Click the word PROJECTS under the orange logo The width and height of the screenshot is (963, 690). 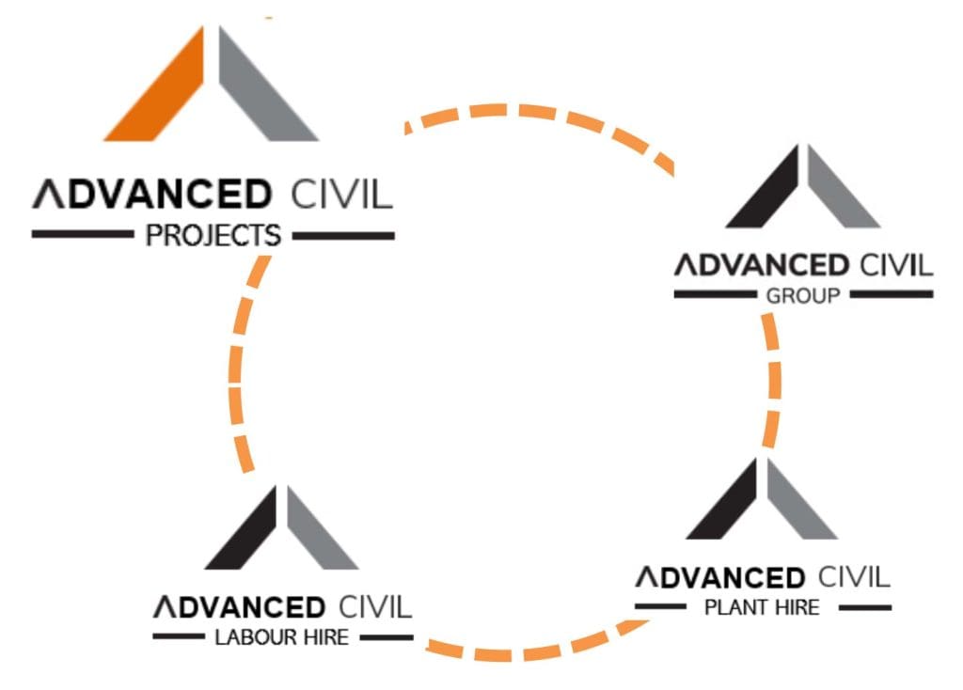(x=213, y=235)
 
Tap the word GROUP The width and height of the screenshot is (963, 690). (x=803, y=296)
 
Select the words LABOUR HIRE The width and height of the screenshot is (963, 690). (x=282, y=637)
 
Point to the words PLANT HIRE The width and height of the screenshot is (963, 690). (x=762, y=607)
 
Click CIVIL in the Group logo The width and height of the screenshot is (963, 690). (x=892, y=265)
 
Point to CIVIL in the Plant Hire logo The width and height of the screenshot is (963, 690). (x=853, y=576)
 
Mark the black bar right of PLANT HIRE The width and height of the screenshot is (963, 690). (x=864, y=608)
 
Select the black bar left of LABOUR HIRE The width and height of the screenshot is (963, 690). (x=179, y=637)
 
